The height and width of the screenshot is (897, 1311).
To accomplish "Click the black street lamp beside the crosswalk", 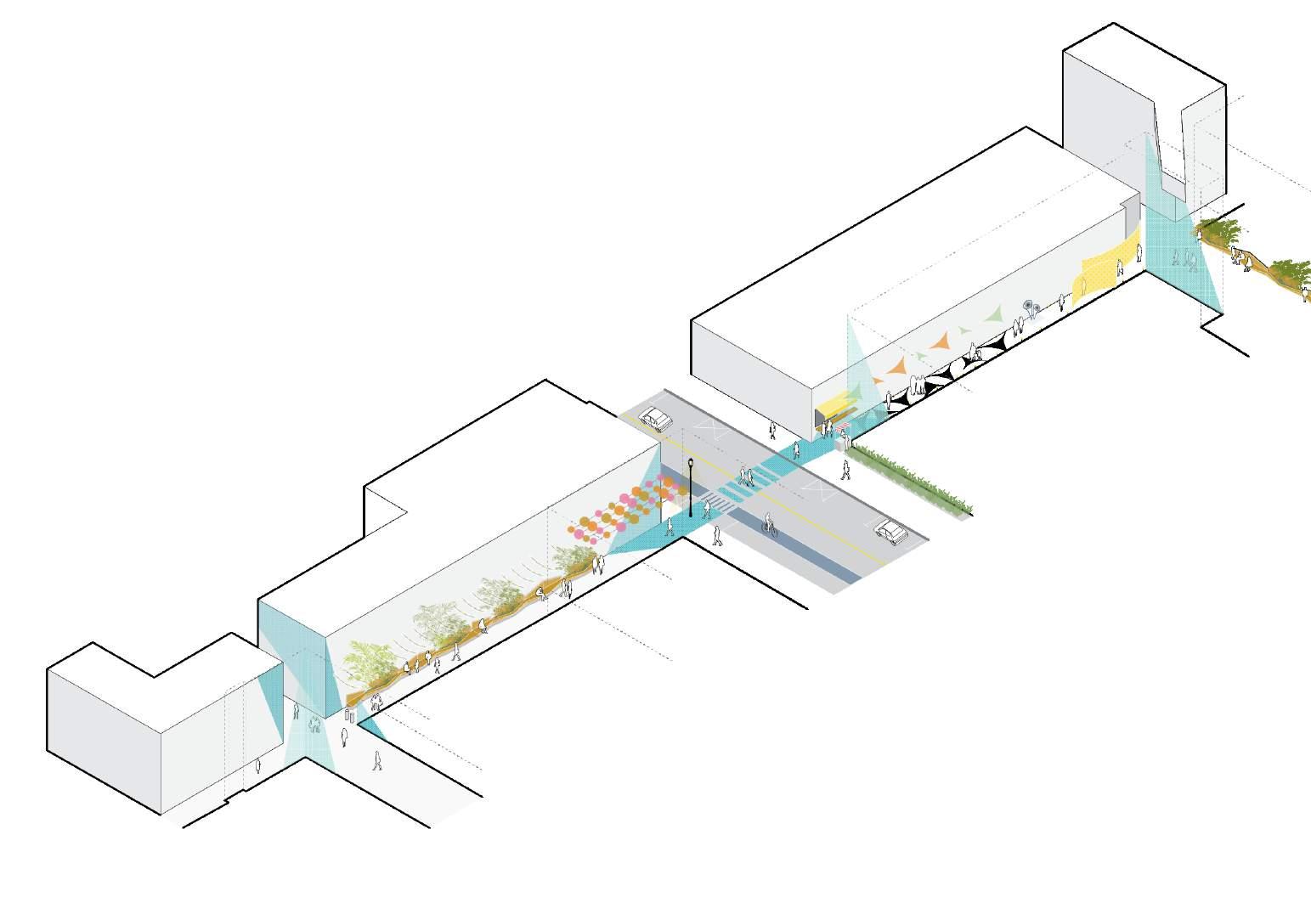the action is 691,488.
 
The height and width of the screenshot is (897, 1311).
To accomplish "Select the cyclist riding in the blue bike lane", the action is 770,524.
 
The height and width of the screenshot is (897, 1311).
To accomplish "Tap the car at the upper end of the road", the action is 655,418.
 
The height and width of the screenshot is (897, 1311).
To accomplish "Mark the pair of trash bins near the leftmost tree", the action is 348,715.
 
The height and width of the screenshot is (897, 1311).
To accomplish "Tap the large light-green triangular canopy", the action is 990,316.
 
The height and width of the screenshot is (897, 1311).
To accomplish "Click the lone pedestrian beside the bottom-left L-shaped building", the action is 258,768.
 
